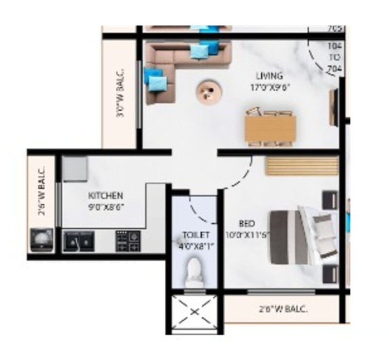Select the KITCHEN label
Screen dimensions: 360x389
(105, 196)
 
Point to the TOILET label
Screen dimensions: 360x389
(196, 235)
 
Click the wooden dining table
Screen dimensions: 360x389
(270, 128)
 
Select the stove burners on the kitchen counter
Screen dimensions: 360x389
(127, 241)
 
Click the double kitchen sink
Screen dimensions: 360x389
(79, 241)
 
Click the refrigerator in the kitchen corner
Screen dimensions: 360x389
(74, 170)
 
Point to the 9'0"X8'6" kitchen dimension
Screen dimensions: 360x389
(105, 206)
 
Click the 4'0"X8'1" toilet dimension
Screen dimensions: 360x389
(196, 245)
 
